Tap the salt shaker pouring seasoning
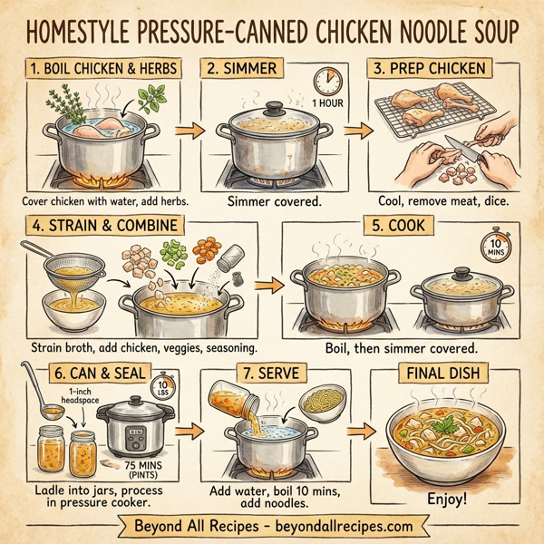233,256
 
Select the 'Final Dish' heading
446,372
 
